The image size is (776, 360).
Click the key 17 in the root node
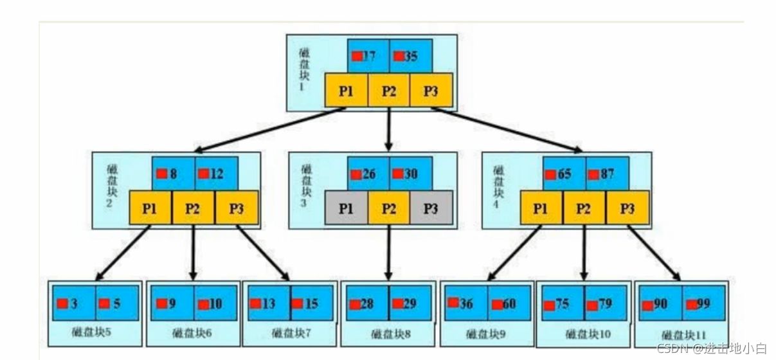368,56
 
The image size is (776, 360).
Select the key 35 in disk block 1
410,56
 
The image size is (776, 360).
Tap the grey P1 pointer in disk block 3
346,208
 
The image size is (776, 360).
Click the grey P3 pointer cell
431,208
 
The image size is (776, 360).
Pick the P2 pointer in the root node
388,91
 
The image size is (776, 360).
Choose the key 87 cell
607,174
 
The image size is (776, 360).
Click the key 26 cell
368,174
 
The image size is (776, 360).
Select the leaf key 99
703,303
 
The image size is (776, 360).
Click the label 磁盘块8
389,334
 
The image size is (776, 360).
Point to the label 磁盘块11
681,335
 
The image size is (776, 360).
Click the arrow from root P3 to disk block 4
508,130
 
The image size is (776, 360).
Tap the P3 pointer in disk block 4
627,208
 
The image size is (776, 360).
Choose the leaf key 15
311,303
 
